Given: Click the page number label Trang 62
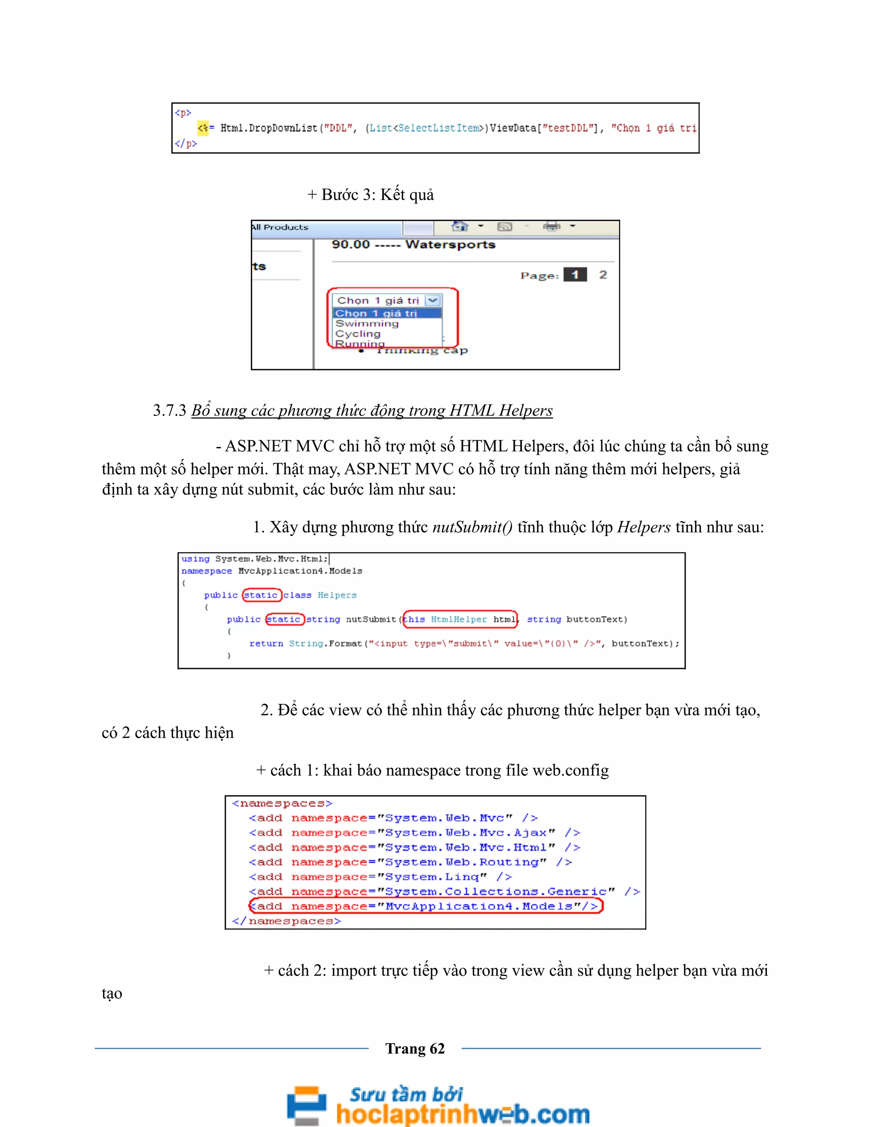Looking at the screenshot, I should click(415, 1049).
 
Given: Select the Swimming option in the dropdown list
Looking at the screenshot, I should click(367, 324).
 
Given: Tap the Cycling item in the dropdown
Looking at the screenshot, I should click(358, 334).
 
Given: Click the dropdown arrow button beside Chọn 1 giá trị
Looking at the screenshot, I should click(433, 300).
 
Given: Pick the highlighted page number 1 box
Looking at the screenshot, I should click(575, 275).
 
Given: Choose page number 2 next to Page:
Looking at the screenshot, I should click(603, 275).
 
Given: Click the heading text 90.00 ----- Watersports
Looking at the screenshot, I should click(413, 245).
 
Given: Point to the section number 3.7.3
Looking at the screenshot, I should click(169, 411).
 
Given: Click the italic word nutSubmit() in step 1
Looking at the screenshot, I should click(472, 527).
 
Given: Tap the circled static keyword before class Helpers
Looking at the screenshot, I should click(261, 595).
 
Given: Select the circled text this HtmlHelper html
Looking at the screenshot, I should click(459, 619).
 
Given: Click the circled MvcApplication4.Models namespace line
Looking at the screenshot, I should click(426, 906).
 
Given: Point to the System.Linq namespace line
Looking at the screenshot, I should click(380, 877).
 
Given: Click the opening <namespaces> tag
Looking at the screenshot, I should click(282, 803).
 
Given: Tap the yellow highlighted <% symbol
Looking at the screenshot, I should click(203, 128).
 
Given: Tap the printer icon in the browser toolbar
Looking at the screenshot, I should click(551, 227).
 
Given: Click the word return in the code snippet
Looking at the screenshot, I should click(266, 643).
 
